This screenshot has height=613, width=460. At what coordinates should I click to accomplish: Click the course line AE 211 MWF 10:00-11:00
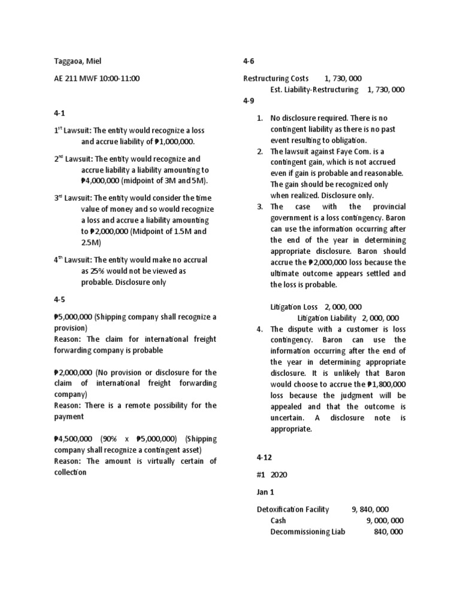click(96, 78)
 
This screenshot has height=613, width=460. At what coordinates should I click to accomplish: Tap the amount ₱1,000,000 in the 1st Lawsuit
click(174, 142)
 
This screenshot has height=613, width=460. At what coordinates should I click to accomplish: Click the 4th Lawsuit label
click(73, 260)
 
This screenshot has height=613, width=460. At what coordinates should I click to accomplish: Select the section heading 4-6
click(249, 61)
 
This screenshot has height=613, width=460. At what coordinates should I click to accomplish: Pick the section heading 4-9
click(249, 101)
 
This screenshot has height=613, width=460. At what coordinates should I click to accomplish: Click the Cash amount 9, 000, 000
click(385, 520)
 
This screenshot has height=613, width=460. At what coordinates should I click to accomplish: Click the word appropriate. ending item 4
click(292, 429)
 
